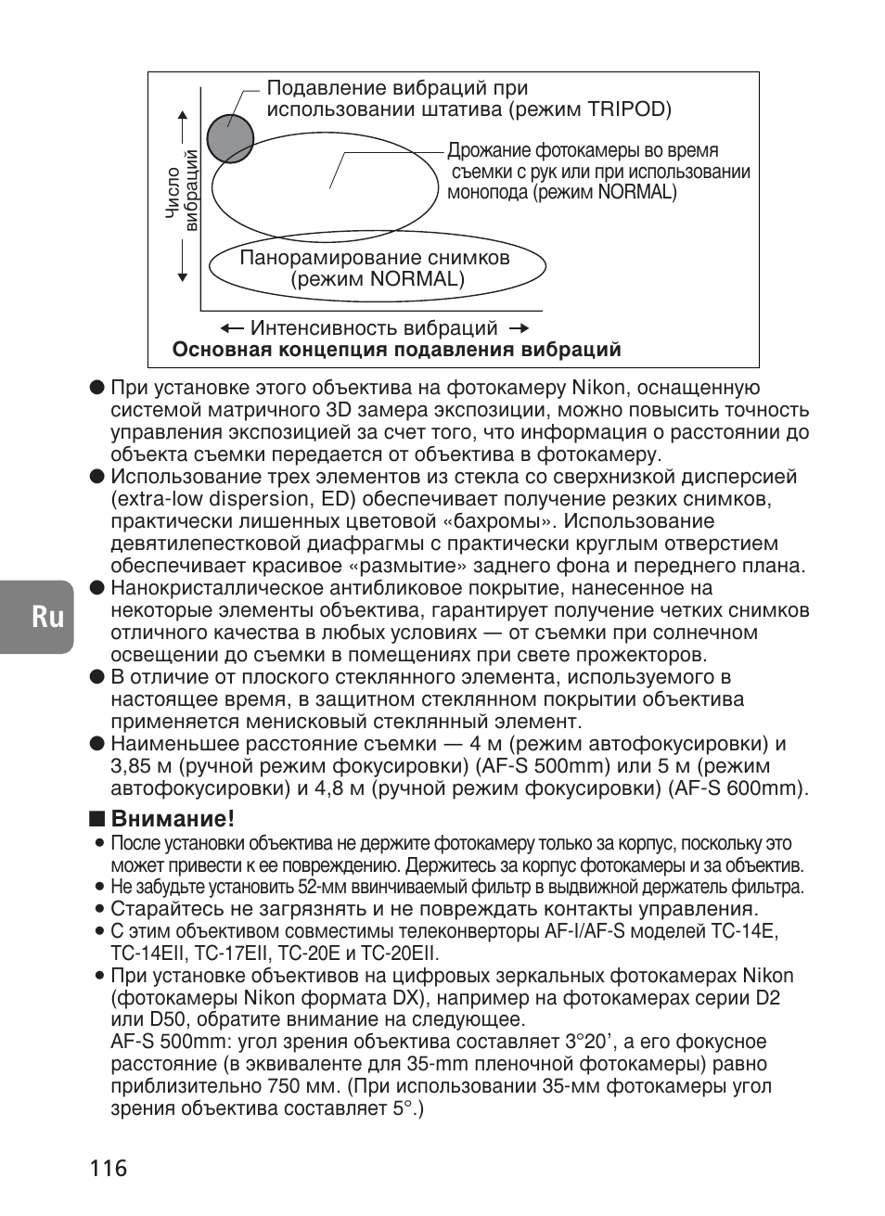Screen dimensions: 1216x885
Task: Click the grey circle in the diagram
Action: pyautogui.click(x=229, y=139)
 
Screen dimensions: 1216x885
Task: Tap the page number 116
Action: pyautogui.click(x=109, y=1167)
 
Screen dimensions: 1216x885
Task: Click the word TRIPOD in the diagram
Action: pyautogui.click(x=627, y=109)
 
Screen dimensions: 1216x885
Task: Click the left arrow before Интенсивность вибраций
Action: pyautogui.click(x=232, y=328)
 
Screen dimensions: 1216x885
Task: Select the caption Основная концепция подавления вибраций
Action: pyautogui.click(x=396, y=350)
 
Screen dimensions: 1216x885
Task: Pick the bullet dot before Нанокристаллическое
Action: pyautogui.click(x=96, y=588)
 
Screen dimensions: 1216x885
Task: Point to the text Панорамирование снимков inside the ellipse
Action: pyautogui.click(x=375, y=257)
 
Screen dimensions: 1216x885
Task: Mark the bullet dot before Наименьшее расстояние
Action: pyautogui.click(x=96, y=744)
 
